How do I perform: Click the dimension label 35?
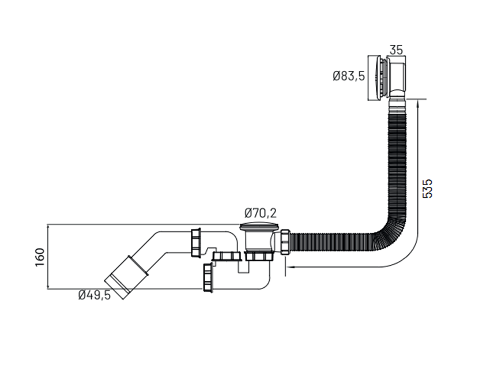click(397, 50)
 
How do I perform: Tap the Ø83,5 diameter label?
click(349, 76)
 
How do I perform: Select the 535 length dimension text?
click(427, 189)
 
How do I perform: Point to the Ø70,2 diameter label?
click(261, 213)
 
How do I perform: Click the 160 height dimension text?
click(40, 257)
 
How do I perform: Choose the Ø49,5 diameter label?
click(95, 295)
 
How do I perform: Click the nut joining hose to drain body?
click(285, 242)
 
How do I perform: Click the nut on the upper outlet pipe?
click(196, 243)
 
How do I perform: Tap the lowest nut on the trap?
click(208, 278)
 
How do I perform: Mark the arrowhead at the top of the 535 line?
click(418, 104)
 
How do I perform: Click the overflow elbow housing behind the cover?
click(397, 77)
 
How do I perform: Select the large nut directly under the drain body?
click(259, 256)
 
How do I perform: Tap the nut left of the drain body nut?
click(226, 256)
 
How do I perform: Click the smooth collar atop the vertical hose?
click(397, 106)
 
